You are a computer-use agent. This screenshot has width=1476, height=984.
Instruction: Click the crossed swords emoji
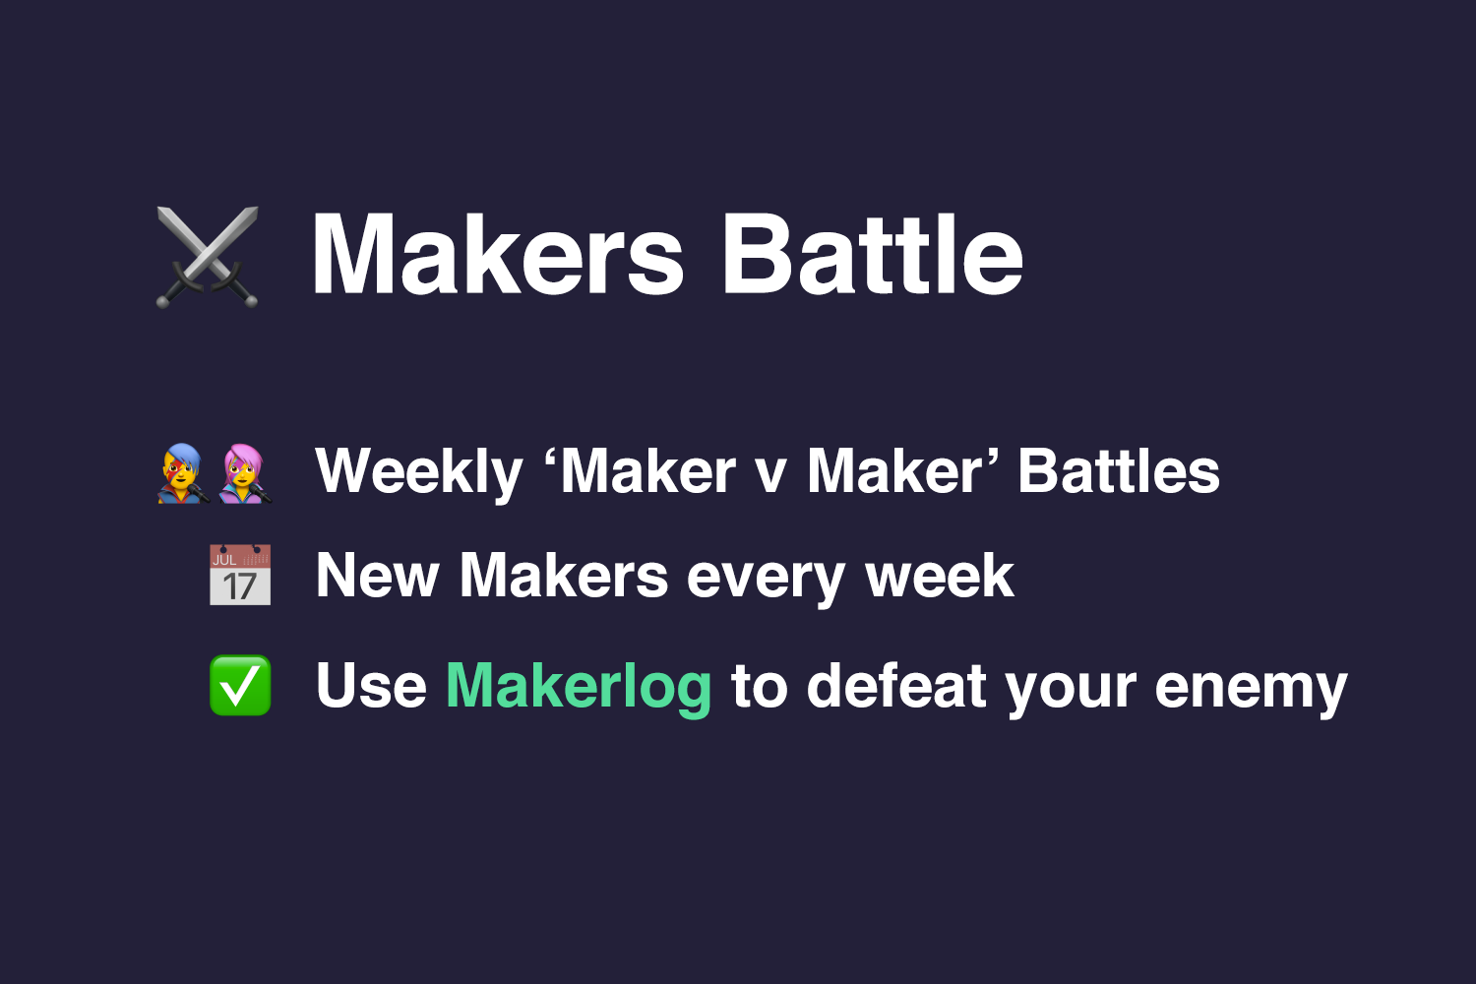(208, 256)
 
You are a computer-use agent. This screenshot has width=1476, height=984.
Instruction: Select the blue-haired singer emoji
(183, 473)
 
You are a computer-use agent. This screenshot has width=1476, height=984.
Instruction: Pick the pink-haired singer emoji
(244, 473)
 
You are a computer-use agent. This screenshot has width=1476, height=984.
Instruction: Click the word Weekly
(419, 472)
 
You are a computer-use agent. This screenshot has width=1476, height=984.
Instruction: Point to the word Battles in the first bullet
(1119, 471)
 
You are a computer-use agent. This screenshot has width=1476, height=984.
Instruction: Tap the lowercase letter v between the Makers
(770, 474)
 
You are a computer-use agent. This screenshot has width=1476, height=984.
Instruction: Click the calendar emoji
(240, 575)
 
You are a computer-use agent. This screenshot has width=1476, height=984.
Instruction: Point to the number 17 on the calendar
(240, 587)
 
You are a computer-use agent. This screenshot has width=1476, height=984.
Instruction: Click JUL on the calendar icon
(225, 560)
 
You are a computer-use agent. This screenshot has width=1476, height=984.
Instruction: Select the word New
(377, 576)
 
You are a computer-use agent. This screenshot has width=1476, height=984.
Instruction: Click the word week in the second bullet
(940, 576)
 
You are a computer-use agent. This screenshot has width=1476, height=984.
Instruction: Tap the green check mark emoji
(240, 685)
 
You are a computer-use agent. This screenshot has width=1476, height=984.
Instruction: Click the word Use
(371, 686)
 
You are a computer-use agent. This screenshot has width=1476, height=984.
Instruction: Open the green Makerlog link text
(579, 687)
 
